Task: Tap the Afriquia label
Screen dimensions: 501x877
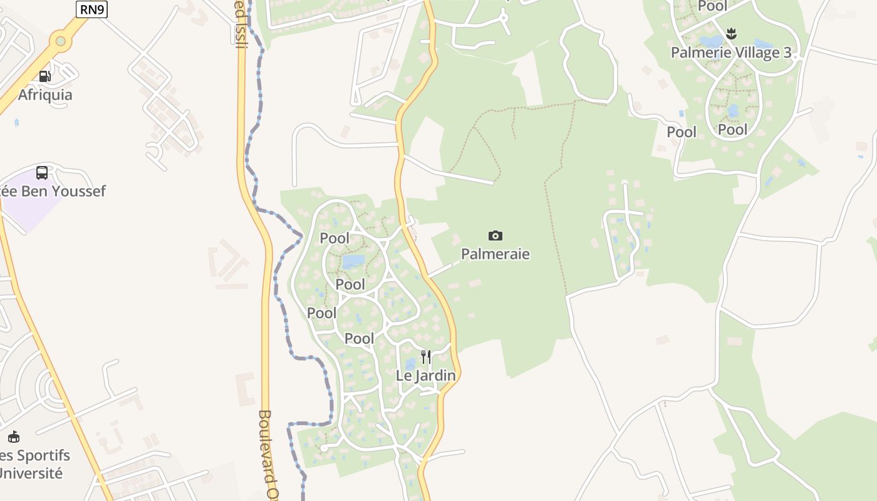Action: (45, 95)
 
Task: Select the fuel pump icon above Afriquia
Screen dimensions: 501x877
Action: (44, 76)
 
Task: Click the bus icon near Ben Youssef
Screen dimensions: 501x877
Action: (42, 172)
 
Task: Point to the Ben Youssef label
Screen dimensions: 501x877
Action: (53, 191)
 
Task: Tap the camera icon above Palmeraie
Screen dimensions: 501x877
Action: (496, 235)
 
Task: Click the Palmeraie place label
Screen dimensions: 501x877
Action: (496, 254)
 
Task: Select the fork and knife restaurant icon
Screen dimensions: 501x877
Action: (426, 357)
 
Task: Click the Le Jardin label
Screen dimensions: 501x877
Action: (426, 376)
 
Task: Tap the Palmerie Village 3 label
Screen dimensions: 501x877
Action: (731, 53)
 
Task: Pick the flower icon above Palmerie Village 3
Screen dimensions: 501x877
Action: (731, 33)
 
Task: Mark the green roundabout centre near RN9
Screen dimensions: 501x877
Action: (60, 41)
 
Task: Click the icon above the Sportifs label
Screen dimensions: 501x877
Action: (14, 436)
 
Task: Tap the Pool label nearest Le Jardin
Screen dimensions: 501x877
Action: (360, 339)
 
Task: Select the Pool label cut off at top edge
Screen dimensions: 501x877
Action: (713, 6)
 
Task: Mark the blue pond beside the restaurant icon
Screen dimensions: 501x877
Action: (410, 364)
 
